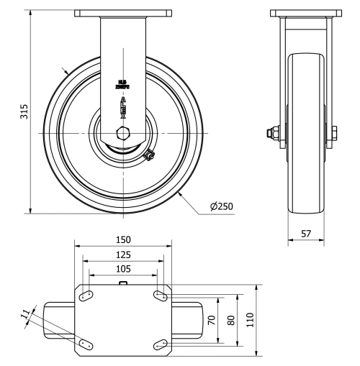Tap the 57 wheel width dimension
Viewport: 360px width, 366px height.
coord(306,234)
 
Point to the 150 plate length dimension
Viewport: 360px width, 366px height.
coord(123,239)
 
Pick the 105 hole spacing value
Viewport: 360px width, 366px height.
coord(123,268)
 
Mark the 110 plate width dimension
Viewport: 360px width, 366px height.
coord(250,319)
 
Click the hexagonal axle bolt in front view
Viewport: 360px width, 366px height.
coord(123,134)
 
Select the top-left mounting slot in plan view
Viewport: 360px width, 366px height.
coord(86,296)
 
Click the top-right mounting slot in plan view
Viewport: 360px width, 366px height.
coord(160,296)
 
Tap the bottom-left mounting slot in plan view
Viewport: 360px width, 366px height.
coord(86,344)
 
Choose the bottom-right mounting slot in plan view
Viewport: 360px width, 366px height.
coord(160,344)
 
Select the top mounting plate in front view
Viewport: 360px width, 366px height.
coord(123,13)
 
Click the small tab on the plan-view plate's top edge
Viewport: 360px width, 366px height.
coord(123,284)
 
